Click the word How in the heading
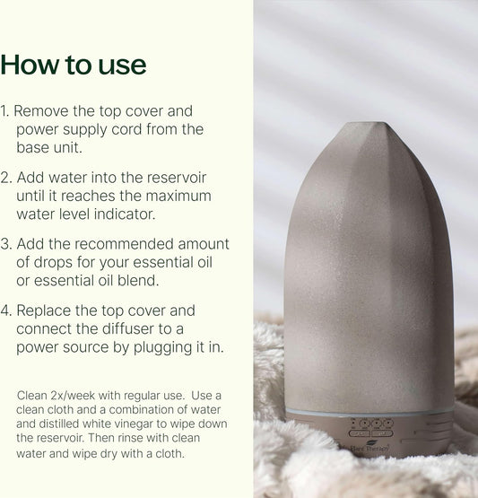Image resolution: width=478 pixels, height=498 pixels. pyautogui.click(x=30, y=65)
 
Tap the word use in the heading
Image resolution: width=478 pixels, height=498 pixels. pyautogui.click(x=122, y=67)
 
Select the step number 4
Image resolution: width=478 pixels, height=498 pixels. pyautogui.click(x=6, y=310)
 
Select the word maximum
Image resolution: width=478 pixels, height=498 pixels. pyautogui.click(x=178, y=196)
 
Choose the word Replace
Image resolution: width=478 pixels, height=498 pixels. pyautogui.click(x=43, y=310)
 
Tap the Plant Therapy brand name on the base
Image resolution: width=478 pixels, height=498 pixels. pyautogui.click(x=369, y=449)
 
